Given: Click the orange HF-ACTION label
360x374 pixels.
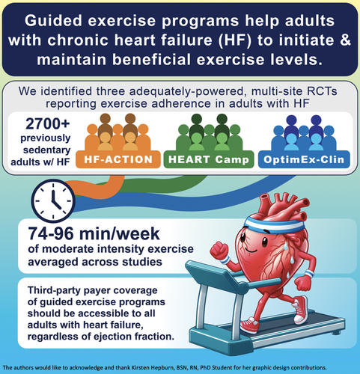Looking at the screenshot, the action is [x=118, y=159].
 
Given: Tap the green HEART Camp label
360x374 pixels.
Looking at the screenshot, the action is [x=209, y=159].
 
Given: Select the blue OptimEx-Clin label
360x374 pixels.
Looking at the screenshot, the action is [x=304, y=159].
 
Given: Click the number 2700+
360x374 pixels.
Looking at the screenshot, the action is [x=48, y=123].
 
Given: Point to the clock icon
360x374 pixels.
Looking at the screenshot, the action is [x=53, y=200].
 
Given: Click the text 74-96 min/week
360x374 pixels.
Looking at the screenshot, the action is [x=94, y=233].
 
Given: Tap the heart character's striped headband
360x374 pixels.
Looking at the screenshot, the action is [x=275, y=224].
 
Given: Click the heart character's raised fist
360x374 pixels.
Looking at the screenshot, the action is [x=219, y=250].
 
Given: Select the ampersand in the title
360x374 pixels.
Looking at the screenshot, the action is [x=345, y=40].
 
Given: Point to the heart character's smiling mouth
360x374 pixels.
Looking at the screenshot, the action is [x=251, y=250].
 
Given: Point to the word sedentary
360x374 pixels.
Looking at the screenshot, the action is [x=47, y=150].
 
